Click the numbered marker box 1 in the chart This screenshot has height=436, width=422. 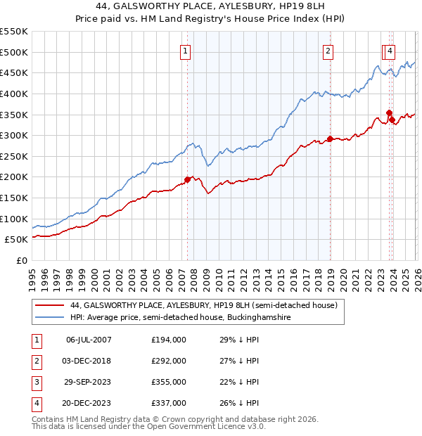(185, 51)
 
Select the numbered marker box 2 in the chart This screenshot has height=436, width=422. (328, 51)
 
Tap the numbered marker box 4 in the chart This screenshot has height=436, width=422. (390, 51)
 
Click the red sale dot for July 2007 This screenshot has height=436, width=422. (187, 179)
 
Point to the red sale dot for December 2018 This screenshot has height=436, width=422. (329, 139)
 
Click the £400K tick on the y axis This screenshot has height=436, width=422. (14, 94)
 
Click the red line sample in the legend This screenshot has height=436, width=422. (49, 305)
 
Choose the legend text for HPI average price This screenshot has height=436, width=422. (181, 318)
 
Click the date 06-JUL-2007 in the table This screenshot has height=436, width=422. (89, 340)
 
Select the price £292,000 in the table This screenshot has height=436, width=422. (169, 361)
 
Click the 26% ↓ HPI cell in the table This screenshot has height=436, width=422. (239, 403)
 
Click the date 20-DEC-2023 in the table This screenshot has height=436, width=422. (89, 403)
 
